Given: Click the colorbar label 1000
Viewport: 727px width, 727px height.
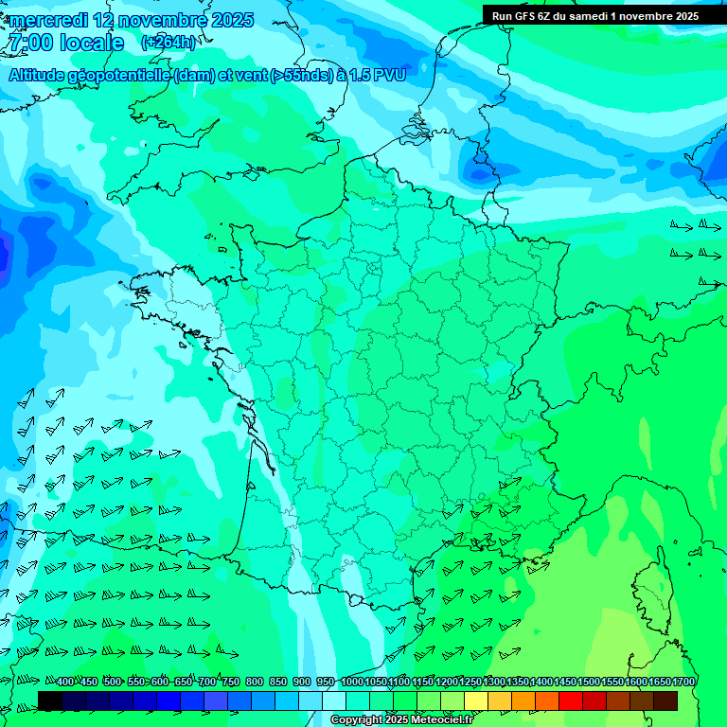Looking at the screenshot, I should point(352,683).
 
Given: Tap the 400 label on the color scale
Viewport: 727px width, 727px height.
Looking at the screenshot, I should point(65,683).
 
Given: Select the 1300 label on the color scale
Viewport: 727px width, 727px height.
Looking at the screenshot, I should point(494,683).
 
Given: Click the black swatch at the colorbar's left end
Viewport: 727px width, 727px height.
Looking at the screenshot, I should point(50,700).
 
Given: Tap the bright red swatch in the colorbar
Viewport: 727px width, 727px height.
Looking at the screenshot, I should point(572,700).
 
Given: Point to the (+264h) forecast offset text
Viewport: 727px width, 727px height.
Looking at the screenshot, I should point(168,43).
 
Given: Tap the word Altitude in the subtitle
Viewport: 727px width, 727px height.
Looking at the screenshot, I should point(44,76).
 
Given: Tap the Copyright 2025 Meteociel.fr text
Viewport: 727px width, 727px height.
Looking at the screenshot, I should point(400,719).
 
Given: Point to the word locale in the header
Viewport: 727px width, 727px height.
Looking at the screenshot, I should point(92,44).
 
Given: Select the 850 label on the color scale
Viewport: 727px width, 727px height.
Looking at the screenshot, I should point(278,683).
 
